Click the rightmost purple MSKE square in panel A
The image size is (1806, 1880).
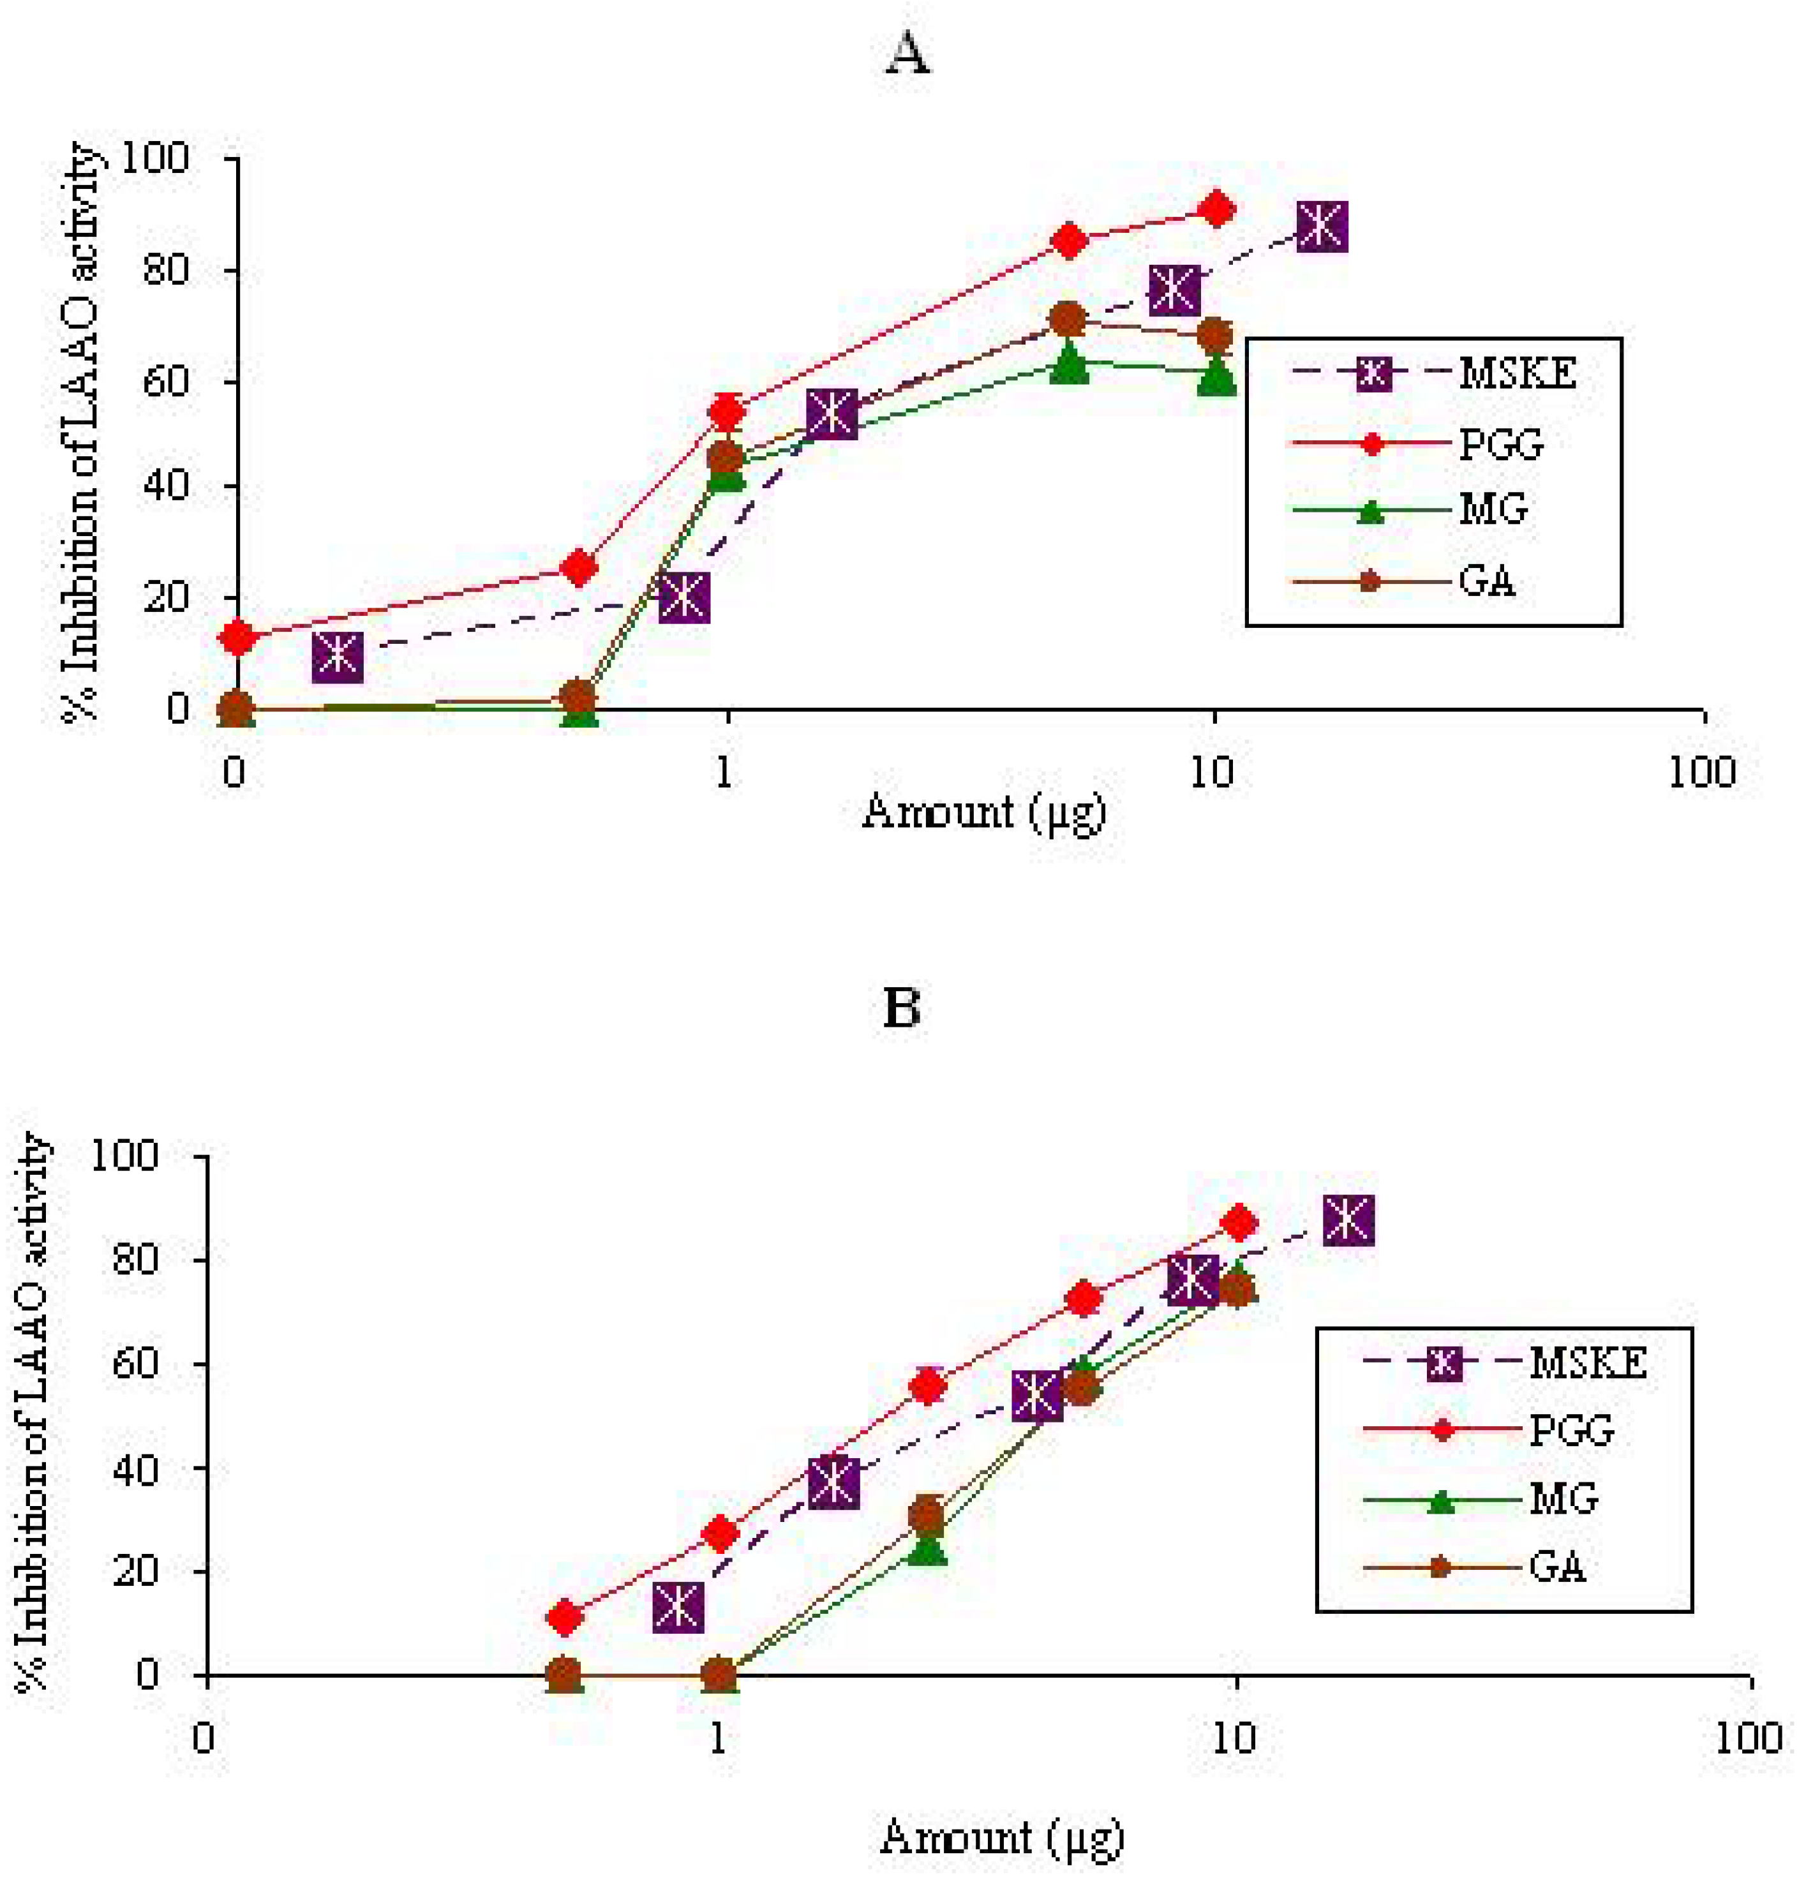(1321, 227)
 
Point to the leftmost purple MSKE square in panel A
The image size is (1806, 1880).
(338, 656)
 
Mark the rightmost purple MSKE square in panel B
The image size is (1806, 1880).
(1348, 1221)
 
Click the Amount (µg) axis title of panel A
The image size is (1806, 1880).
(983, 812)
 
